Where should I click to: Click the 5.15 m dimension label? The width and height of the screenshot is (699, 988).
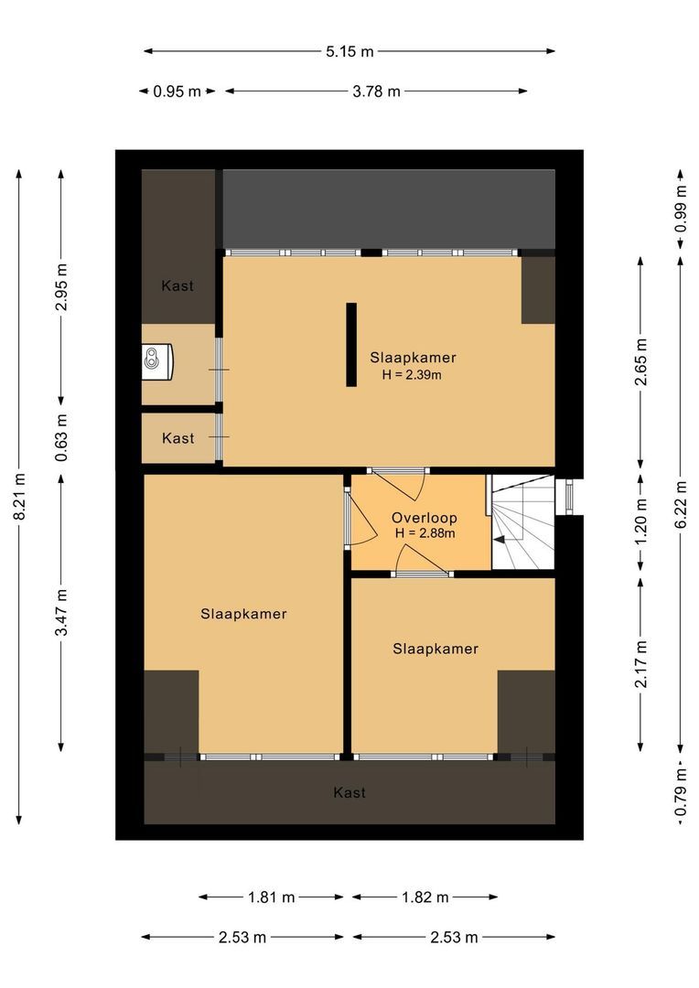click(x=349, y=51)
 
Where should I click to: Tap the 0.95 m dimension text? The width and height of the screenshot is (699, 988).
click(x=177, y=91)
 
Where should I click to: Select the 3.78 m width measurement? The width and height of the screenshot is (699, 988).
click(x=376, y=91)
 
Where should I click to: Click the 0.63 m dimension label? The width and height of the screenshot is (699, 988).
click(x=61, y=438)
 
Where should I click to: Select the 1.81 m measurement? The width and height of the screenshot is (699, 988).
click(x=272, y=897)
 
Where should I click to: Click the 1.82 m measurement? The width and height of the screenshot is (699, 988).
click(x=425, y=897)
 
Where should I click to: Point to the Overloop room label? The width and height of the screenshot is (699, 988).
click(x=425, y=518)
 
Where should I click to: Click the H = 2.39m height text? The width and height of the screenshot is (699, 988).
click(x=412, y=375)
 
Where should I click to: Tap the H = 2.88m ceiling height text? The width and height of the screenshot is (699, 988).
click(x=425, y=533)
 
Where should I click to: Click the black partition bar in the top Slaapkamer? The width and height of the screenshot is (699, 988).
click(x=351, y=344)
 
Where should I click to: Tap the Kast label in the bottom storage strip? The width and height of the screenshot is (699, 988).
click(x=349, y=792)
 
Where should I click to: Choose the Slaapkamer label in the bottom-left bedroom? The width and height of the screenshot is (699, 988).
click(x=244, y=614)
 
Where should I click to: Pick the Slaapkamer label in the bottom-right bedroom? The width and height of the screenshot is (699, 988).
click(x=436, y=649)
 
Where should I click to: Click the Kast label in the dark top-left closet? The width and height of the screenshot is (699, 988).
click(x=177, y=285)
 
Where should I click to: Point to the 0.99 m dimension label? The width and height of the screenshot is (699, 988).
click(x=681, y=209)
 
